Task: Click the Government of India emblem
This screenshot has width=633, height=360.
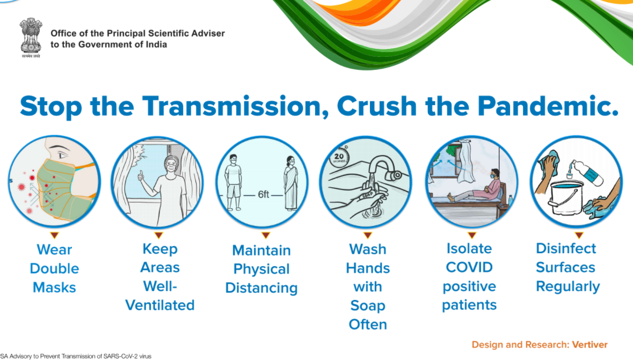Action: pyautogui.click(x=31, y=37)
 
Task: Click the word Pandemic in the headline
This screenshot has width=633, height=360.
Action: pyautogui.click(x=548, y=106)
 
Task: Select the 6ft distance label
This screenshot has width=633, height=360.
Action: pyautogui.click(x=264, y=195)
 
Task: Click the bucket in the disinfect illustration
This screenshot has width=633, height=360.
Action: pyautogui.click(x=565, y=197)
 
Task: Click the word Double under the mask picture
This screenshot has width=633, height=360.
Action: pyautogui.click(x=55, y=268)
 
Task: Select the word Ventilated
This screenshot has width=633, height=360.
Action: pyautogui.click(x=160, y=305)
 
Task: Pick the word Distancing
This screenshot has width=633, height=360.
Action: pyautogui.click(x=261, y=288)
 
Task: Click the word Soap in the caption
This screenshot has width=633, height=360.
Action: pyautogui.click(x=368, y=306)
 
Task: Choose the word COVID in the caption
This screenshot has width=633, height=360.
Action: pyautogui.click(x=469, y=267)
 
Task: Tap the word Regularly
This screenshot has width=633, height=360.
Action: pyautogui.click(x=567, y=286)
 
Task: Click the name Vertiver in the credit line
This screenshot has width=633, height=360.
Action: pyautogui.click(x=590, y=344)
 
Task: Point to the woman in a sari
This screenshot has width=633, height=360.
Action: pyautogui.click(x=290, y=183)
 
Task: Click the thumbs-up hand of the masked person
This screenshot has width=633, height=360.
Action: pyautogui.click(x=141, y=175)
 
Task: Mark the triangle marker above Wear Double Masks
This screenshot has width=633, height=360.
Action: pyautogui.click(x=55, y=235)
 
